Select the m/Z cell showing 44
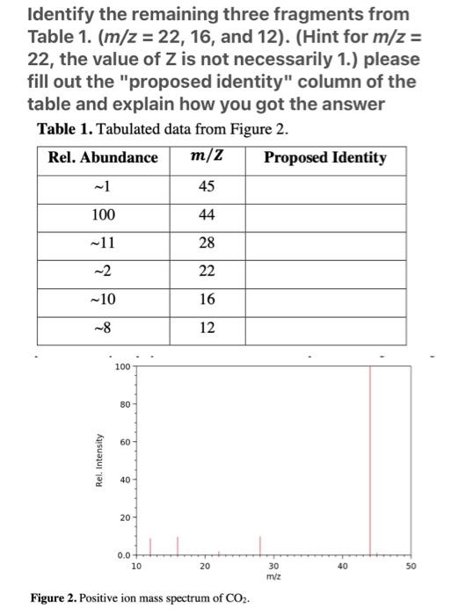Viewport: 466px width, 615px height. click(208, 216)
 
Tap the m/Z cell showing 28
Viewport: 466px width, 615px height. click(208, 244)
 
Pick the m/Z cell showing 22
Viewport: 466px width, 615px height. click(208, 271)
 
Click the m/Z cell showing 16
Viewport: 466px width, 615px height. click(208, 300)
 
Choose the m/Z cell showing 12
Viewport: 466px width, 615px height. click(208, 327)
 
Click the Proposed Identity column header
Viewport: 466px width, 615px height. click(324, 158)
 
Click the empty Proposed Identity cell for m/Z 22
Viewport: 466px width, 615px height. click(325, 271)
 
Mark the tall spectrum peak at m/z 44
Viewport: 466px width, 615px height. click(369, 457)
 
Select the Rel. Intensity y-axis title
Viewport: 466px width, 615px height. click(99, 460)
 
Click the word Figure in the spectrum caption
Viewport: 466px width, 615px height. click(51, 597)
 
